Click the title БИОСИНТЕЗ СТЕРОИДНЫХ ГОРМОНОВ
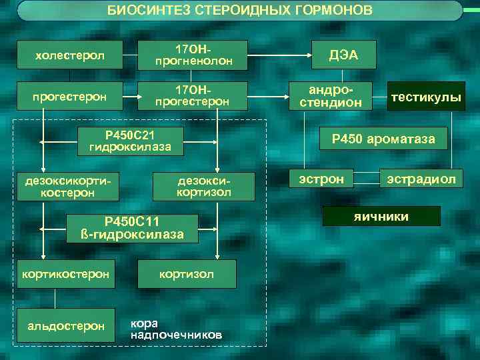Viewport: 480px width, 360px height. pos(240,11)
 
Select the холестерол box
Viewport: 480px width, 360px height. pos(69,55)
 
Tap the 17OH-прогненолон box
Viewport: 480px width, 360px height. pos(193,55)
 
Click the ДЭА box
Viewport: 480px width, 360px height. pos(344,55)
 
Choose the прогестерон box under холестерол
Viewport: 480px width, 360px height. pos(69,97)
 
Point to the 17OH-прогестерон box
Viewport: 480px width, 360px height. pos(193,97)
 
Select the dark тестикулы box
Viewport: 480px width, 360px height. pos(426,97)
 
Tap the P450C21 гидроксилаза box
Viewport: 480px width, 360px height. pos(129,141)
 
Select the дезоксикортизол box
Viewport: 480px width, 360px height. pos(203,187)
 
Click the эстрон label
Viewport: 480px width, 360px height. pos(321,179)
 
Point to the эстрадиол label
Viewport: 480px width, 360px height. pos(418,179)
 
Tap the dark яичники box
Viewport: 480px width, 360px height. pos(382,216)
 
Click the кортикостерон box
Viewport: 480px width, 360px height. pos(66,274)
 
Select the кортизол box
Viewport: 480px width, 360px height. pos(186,274)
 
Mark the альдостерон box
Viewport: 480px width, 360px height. pos(66,326)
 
